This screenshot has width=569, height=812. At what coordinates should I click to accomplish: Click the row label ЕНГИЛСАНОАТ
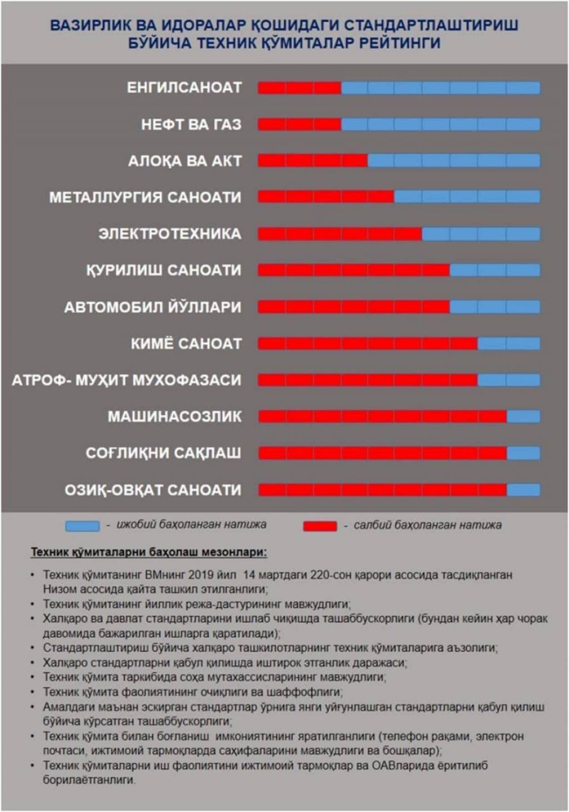pos(184,88)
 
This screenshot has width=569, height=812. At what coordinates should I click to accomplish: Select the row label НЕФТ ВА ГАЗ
pos(191,124)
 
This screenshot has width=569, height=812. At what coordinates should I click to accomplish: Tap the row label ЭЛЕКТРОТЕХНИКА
pos(169,234)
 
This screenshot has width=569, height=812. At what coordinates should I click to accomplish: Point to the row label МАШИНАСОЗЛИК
pos(174,417)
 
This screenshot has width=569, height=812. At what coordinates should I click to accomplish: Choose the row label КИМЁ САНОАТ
pos(186,343)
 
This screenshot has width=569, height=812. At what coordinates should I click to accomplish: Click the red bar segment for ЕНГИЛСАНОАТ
pos(299,88)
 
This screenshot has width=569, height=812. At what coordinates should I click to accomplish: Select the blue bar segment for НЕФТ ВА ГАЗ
pos(441,124)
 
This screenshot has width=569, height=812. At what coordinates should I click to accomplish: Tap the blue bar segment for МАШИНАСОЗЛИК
pos(523,417)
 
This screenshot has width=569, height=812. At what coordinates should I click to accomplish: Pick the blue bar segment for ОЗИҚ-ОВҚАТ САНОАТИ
pos(523,490)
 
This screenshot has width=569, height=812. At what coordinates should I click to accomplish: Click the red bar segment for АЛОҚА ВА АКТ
pos(313,161)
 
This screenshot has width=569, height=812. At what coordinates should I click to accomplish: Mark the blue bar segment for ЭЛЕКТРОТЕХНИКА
pos(481,234)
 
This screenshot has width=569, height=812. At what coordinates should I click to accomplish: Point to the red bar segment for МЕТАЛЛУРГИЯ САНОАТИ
pos(326,197)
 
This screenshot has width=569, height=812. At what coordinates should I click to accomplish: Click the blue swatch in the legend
pos(82,526)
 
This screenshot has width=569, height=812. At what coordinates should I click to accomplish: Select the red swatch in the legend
pos(320,526)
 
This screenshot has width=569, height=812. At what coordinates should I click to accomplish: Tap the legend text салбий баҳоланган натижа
pos(427,525)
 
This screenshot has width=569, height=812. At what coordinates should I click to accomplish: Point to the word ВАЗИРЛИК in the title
pos(92,25)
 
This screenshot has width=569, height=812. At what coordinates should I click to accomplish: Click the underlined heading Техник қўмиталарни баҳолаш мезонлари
pos(149,552)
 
